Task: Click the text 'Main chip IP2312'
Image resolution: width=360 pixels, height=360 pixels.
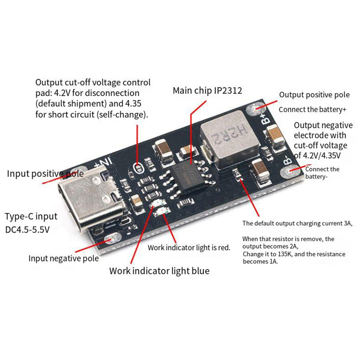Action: [207, 90]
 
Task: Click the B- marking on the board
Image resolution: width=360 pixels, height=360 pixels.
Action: [287, 160]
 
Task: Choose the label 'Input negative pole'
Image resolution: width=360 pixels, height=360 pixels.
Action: [64, 258]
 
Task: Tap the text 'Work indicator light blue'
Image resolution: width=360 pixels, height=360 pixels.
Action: [159, 271]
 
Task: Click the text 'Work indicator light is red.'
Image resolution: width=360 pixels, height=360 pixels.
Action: [189, 248]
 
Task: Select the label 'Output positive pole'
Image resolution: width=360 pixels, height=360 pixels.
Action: [314, 95]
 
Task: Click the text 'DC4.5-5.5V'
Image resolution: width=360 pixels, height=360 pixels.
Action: [27, 230]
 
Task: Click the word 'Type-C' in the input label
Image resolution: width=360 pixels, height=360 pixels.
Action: [17, 217]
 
